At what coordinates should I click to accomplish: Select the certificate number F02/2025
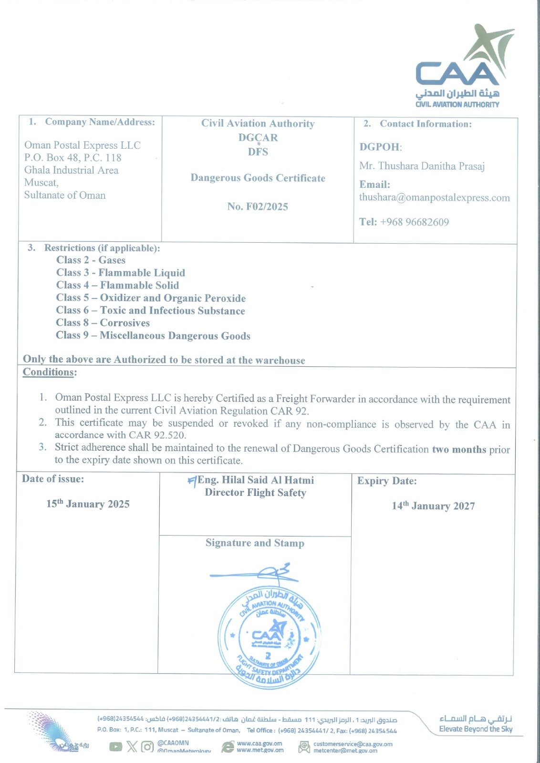pyautogui.click(x=258, y=206)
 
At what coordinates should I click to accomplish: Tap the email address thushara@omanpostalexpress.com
pyautogui.click(x=434, y=198)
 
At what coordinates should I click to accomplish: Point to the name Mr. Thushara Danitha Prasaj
pyautogui.click(x=422, y=166)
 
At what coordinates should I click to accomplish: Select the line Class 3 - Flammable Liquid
pyautogui.click(x=120, y=273)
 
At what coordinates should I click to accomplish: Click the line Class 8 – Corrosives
pyautogui.click(x=103, y=323)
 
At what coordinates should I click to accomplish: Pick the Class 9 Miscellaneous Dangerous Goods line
pyautogui.click(x=153, y=336)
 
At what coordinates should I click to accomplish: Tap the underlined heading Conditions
pyautogui.click(x=49, y=372)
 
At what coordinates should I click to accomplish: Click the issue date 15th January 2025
pyautogui.click(x=88, y=504)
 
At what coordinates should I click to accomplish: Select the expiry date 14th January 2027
pyautogui.click(x=433, y=506)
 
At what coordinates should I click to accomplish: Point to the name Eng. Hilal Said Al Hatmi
pyautogui.click(x=256, y=480)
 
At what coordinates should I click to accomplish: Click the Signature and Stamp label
pyautogui.click(x=255, y=543)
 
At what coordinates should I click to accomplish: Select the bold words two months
pyautogui.click(x=459, y=449)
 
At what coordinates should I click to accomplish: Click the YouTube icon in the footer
pyautogui.click(x=115, y=746)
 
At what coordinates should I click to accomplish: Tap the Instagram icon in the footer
pyautogui.click(x=147, y=746)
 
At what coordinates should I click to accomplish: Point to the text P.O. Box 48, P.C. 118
pyautogui.click(x=73, y=158)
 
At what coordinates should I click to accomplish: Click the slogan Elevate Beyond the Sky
pyautogui.click(x=476, y=729)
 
